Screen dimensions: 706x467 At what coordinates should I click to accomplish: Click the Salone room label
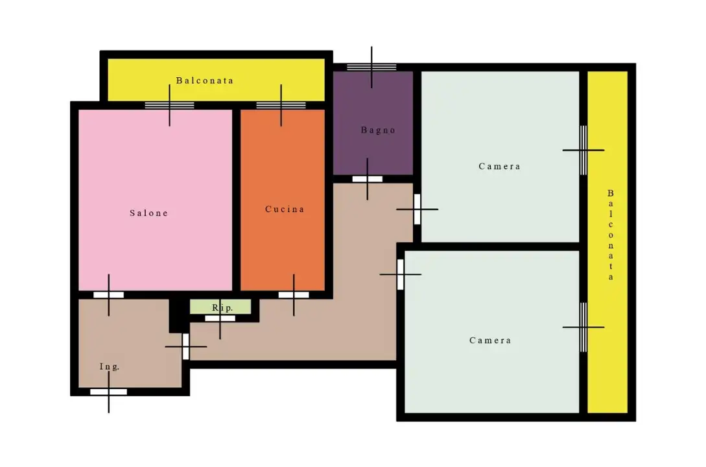pyautogui.click(x=148, y=213)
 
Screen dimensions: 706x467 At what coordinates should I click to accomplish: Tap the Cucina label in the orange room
pyautogui.click(x=285, y=209)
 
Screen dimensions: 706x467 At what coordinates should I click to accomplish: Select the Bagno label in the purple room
pyautogui.click(x=378, y=130)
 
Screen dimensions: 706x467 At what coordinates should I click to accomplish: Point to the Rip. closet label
pyautogui.click(x=222, y=307)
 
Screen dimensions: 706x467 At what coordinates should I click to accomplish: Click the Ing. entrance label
pyautogui.click(x=110, y=366)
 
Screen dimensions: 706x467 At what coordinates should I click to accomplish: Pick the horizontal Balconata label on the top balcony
pyautogui.click(x=205, y=80)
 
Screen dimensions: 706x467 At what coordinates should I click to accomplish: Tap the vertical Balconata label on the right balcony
pyautogui.click(x=611, y=235)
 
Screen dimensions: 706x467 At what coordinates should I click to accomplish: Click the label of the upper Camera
pyautogui.click(x=499, y=166)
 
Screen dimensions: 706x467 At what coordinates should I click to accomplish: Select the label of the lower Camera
pyautogui.click(x=490, y=341)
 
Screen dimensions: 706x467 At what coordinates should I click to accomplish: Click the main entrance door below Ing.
pyautogui.click(x=108, y=392)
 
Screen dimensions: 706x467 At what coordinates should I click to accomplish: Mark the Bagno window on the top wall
pyautogui.click(x=371, y=67)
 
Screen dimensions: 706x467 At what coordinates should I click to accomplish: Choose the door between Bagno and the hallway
pyautogui.click(x=368, y=179)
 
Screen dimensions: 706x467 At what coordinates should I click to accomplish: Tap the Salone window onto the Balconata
pyautogui.click(x=169, y=105)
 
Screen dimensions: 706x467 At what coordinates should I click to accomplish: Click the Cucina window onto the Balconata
pyautogui.click(x=281, y=105)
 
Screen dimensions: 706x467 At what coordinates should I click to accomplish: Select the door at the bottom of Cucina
pyautogui.click(x=294, y=295)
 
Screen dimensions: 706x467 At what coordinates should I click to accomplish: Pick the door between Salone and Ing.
pyautogui.click(x=108, y=295)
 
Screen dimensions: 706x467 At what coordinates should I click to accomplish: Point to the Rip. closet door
pyautogui.click(x=220, y=318)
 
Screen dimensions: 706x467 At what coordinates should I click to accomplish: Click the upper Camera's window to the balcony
pyautogui.click(x=583, y=150)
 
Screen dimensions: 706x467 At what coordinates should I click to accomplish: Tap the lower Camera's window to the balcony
pyautogui.click(x=583, y=327)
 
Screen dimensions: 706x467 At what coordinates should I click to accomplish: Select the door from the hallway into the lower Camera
pyautogui.click(x=400, y=274)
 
